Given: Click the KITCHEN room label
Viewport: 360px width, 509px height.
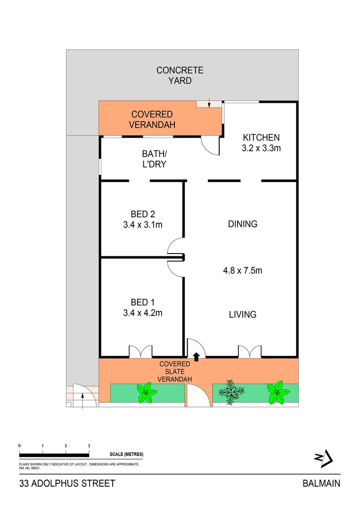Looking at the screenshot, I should pos(261,138).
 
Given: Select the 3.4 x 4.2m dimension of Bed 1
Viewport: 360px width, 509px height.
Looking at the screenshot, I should pos(142,312).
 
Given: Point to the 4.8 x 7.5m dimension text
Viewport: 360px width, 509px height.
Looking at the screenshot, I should pos(242,271).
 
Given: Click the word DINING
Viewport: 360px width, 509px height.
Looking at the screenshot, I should pos(243,224).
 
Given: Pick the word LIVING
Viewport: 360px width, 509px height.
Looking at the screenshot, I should pos(243,314).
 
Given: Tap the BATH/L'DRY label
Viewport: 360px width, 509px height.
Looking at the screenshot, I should pos(155,159).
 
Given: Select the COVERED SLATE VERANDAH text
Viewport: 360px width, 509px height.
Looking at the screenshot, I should pos(174,371).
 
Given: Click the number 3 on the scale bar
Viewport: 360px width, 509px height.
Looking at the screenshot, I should pos(89,445).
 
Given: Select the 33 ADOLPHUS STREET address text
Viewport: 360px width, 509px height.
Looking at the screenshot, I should pos(67,484).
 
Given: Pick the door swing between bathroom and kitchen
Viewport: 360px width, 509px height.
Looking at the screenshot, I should pos(210,145).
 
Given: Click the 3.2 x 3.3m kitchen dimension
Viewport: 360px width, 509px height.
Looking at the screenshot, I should pos(261,148).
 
